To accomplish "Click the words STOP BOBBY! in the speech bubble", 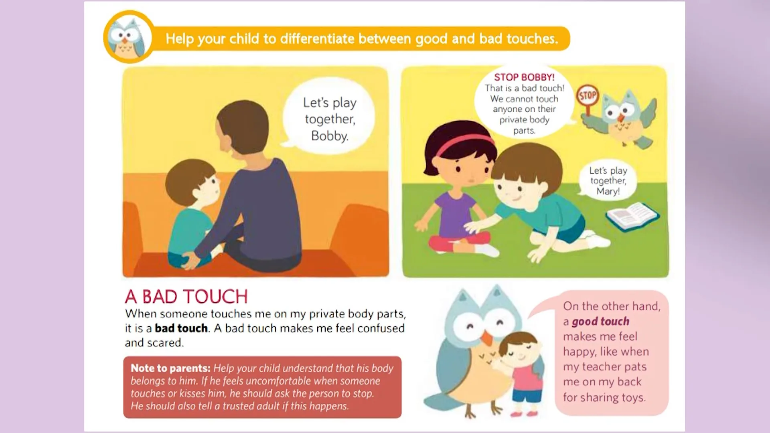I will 524,77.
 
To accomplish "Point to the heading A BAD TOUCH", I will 186,297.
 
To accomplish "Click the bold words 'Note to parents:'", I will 170,368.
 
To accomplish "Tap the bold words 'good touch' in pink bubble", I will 600,322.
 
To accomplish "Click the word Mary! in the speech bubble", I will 608,191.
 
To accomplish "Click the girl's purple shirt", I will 455,212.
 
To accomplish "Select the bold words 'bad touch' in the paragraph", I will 181,328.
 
